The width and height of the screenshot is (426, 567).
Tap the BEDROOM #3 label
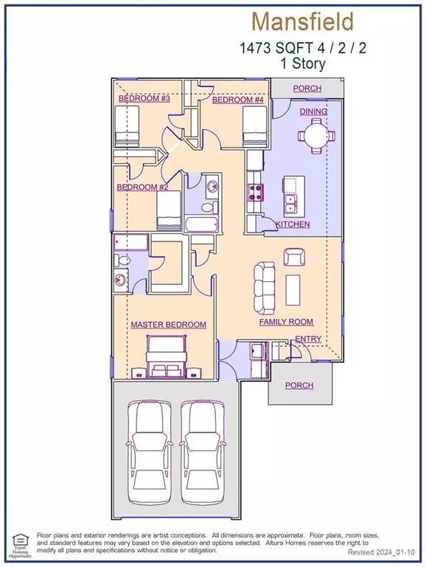point(144,98)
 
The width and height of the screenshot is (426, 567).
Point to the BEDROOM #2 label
point(142,188)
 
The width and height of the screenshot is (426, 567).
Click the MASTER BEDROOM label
point(168,325)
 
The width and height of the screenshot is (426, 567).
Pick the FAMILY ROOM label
point(286,322)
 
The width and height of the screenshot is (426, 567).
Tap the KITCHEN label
point(293,224)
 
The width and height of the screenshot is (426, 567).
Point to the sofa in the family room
point(265,285)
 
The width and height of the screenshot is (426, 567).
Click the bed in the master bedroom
point(169,357)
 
